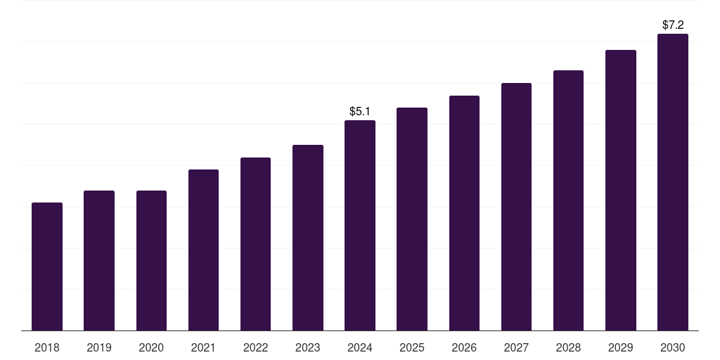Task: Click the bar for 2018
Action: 47,266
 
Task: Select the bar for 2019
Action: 99,260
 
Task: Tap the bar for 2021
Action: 203,250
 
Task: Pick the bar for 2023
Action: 308,238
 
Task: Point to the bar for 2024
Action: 360,225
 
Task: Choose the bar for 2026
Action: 464,213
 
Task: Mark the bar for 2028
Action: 568,200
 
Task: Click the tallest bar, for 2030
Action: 673,182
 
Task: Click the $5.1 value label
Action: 360,111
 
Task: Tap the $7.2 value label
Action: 673,25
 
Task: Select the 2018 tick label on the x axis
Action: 47,347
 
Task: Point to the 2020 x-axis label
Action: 151,347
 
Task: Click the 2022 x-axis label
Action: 255,347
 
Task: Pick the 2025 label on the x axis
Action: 412,347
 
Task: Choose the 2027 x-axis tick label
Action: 516,347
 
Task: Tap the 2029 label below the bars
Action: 620,347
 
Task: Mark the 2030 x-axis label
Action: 673,347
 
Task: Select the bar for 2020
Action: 151,260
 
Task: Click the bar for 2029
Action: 620,190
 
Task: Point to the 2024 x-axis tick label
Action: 360,347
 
